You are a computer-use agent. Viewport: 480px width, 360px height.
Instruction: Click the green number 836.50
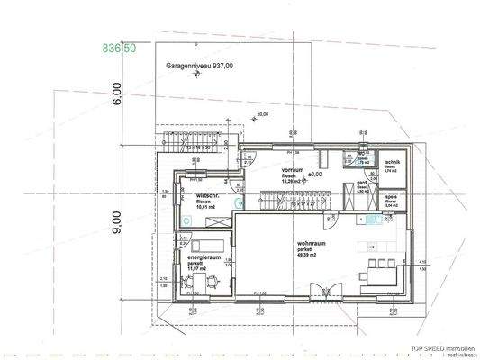pyautogui.click(x=120, y=46)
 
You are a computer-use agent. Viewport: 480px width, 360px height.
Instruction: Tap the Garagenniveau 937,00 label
pyautogui.click(x=199, y=66)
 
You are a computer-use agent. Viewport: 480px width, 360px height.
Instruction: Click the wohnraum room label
pyautogui.click(x=312, y=244)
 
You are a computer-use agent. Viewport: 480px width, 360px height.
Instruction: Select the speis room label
pyautogui.click(x=391, y=196)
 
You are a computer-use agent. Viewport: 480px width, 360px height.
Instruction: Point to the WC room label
pyautogui.click(x=360, y=154)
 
